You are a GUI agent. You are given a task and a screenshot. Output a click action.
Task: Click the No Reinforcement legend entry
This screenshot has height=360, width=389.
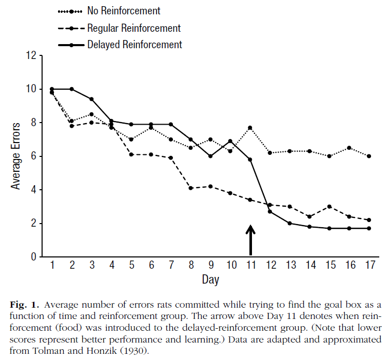click(x=124, y=11)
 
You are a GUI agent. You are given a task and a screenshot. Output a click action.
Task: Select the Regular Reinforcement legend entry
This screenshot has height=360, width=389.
click(x=134, y=28)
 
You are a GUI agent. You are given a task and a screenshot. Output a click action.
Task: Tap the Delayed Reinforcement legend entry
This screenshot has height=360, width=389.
click(x=134, y=45)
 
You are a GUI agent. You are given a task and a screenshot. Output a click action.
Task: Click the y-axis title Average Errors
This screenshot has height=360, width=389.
click(x=16, y=156)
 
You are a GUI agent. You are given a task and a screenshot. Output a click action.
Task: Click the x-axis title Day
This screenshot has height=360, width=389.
click(x=210, y=280)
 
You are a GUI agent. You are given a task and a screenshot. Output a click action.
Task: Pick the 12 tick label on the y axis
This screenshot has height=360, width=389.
click(x=31, y=55)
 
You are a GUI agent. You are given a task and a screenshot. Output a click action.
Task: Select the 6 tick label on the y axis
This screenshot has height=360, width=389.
click(x=34, y=156)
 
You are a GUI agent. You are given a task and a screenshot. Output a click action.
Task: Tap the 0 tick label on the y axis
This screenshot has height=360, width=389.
click(x=34, y=257)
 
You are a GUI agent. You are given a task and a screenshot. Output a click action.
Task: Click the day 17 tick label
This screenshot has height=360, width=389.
click(x=369, y=265)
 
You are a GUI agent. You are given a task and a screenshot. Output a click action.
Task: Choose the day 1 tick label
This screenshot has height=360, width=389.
click(x=52, y=265)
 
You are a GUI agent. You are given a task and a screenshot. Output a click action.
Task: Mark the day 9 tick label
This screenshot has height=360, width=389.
click(x=210, y=265)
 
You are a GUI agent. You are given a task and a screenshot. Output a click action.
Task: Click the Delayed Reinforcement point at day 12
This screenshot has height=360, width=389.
click(x=270, y=211)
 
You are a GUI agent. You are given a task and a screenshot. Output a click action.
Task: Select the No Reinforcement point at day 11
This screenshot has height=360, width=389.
click(x=250, y=128)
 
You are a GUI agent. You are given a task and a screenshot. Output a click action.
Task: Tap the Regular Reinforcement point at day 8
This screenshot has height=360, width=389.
click(x=191, y=188)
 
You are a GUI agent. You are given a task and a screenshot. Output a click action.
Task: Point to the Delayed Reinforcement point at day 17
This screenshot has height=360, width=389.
click(x=369, y=228)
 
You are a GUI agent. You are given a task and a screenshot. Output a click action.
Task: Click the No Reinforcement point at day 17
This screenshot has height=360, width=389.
click(x=369, y=156)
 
